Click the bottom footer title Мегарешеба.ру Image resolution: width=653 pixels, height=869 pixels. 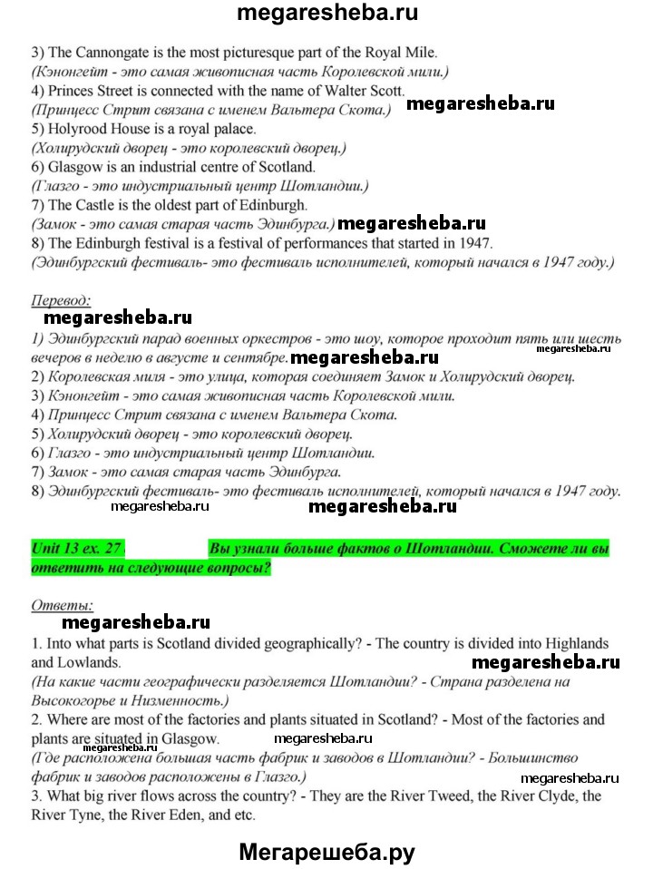(x=326, y=851)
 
